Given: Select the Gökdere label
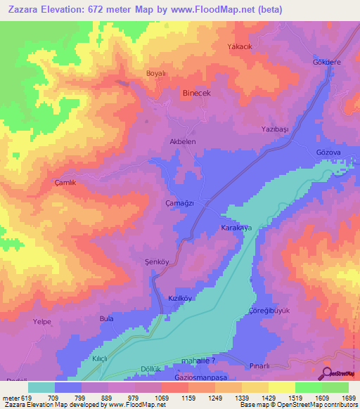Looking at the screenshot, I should pyautogui.click(x=326, y=62).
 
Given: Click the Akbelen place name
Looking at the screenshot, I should pyautogui.click(x=182, y=141).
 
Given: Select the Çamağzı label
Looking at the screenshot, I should pyautogui.click(x=179, y=202).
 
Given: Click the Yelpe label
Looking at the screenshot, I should pyautogui.click(x=42, y=324).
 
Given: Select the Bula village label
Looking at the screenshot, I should pyautogui.click(x=107, y=318).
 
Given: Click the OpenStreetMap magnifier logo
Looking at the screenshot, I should pyautogui.click(x=326, y=374).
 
